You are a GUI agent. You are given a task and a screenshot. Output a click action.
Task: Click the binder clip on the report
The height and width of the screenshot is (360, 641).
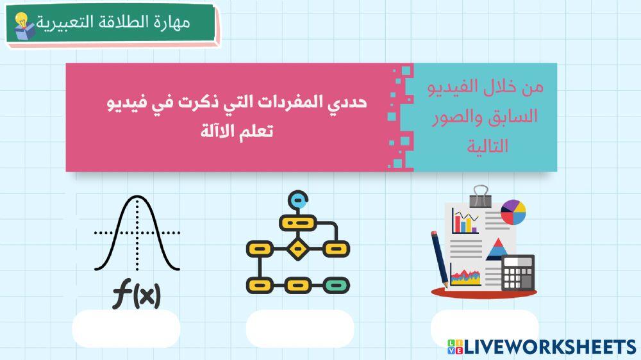pyautogui.click(x=479, y=193)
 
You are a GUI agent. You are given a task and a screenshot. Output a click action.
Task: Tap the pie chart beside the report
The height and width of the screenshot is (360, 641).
pyautogui.click(x=513, y=213)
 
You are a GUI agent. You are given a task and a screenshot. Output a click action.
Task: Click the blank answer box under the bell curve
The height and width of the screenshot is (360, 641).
pyautogui.click(x=126, y=329)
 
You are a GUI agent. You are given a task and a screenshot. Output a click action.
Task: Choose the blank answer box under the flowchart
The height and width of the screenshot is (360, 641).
pyautogui.click(x=299, y=329)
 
